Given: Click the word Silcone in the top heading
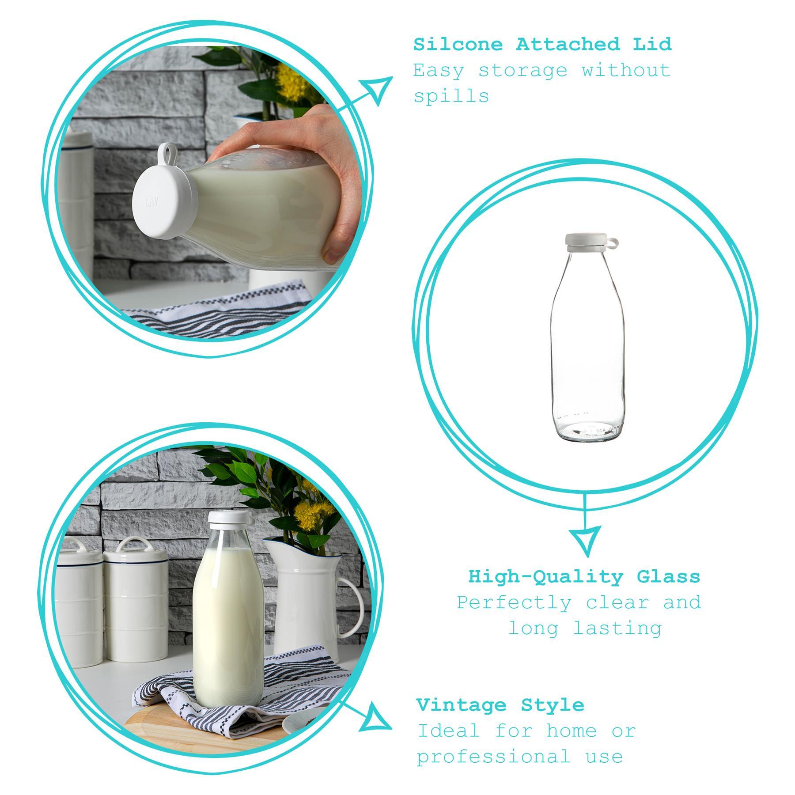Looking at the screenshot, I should pyautogui.click(x=458, y=45).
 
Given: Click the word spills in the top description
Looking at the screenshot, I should pyautogui.click(x=451, y=96).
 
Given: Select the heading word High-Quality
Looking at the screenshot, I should pyautogui.click(x=545, y=577).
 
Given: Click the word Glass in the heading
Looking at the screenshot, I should pyautogui.click(x=668, y=577).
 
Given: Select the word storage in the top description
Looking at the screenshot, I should pyautogui.click(x=523, y=71).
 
